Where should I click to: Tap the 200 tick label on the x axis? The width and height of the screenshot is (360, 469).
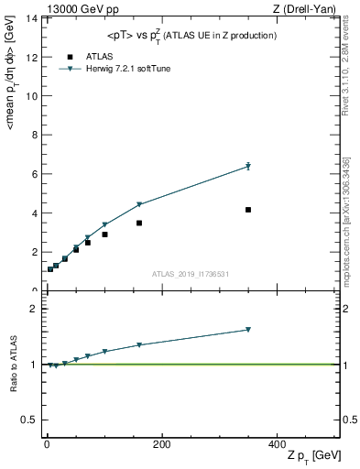tap(161, 444)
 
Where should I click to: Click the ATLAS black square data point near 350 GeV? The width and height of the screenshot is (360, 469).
tap(248, 210)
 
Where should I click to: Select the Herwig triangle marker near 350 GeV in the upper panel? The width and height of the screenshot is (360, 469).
tap(248, 167)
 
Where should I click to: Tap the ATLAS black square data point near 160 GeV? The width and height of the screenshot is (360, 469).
tap(139, 223)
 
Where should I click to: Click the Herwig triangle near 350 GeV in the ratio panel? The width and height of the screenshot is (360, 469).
tap(248, 330)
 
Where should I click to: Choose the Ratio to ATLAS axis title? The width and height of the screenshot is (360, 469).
tap(14, 365)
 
